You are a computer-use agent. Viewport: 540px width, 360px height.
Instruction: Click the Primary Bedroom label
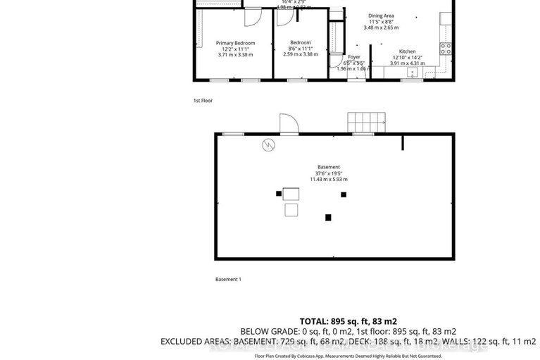click(235, 43)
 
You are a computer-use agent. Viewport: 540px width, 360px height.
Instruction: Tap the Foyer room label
click(354, 56)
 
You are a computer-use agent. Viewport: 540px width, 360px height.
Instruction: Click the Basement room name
click(329, 167)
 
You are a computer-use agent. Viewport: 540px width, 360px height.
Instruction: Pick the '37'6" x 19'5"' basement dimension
click(329, 173)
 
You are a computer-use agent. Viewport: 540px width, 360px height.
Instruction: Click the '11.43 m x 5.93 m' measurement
click(329, 180)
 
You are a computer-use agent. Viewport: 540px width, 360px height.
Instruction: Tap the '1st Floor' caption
click(203, 101)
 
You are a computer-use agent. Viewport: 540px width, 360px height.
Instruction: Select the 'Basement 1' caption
click(228, 279)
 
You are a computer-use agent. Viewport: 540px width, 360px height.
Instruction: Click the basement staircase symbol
click(366, 121)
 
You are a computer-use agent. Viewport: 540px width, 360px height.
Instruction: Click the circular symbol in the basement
click(269, 146)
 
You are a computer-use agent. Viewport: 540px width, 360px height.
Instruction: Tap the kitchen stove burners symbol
click(445, 49)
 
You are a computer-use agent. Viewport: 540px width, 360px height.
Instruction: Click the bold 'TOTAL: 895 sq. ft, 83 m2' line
click(348, 319)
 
